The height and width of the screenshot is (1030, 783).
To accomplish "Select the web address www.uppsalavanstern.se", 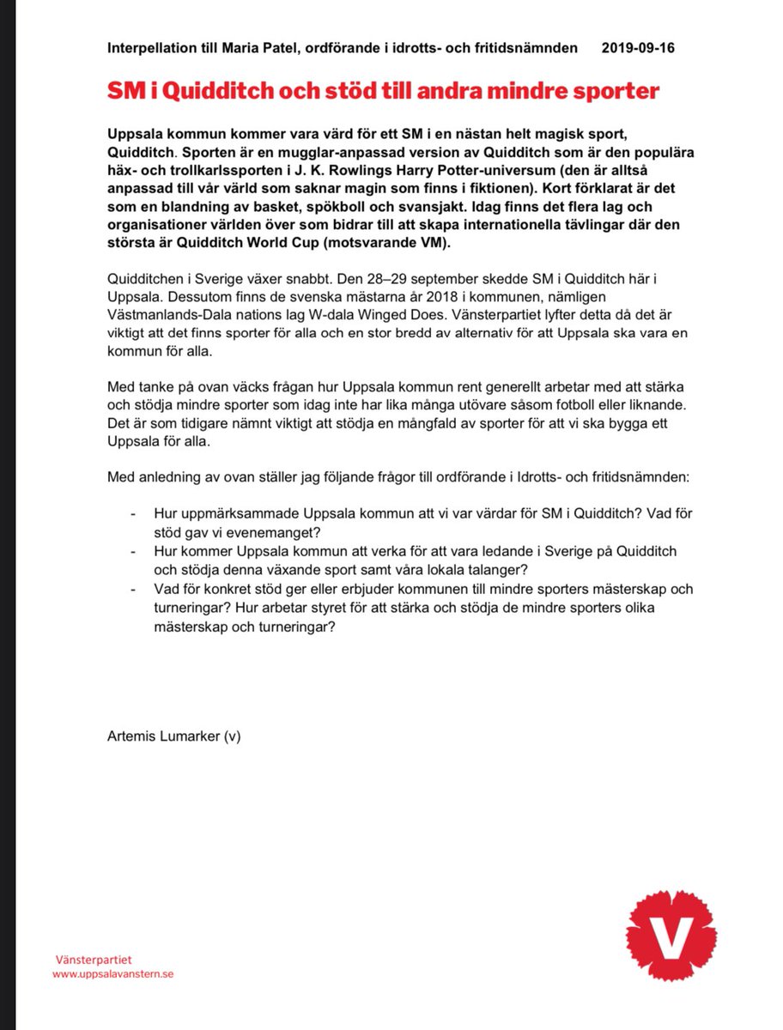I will coord(112,974).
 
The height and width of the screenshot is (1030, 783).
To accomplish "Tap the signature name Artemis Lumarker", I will coord(163,736).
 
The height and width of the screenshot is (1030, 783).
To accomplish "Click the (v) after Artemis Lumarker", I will coord(232,736).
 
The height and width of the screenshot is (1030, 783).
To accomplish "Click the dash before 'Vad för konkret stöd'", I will coord(133,588).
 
